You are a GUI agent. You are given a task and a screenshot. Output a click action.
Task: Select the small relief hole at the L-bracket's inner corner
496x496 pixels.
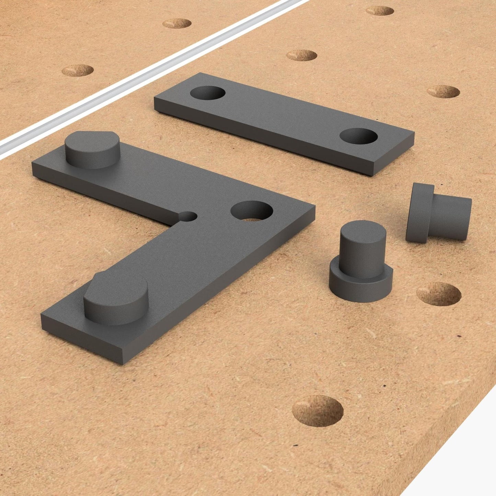pos(188,216)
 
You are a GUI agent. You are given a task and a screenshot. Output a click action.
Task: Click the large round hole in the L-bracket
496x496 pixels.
pos(252,210)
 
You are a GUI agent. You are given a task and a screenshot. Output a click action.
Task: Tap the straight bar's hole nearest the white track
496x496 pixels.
pos(207,93)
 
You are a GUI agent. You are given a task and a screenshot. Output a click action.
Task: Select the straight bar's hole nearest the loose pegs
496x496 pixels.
pos(358,136)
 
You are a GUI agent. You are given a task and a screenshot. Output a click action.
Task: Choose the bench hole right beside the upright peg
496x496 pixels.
pos(439,294)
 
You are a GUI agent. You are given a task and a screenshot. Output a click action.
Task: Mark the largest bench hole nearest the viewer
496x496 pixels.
pos(318,411)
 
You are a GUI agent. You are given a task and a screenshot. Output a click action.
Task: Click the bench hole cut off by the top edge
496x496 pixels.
pos(380,10)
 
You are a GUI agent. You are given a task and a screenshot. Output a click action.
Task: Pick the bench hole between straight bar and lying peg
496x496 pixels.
pos(443,92)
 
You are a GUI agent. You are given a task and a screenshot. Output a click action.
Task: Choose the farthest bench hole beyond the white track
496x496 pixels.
pos(176,23)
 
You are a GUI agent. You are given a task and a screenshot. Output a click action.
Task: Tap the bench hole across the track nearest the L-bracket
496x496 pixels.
pos(78,70)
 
